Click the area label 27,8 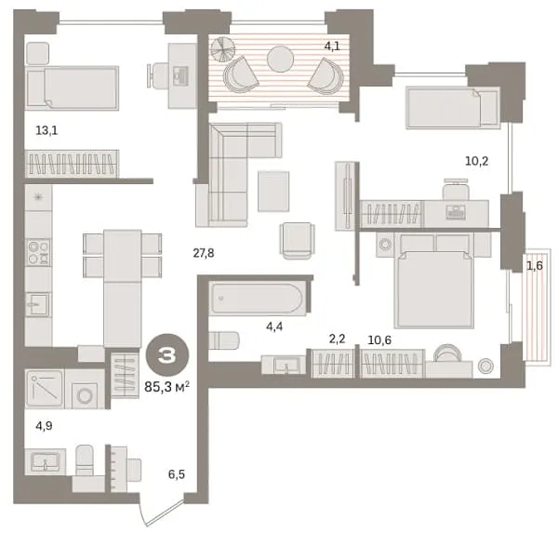click(204, 253)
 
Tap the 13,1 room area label click(46, 130)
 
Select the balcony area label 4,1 click(332, 46)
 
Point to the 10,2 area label click(477, 161)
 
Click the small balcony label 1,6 click(535, 265)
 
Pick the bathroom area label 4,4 click(274, 326)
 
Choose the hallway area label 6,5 click(177, 474)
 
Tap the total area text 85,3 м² click(166, 386)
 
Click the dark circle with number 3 click(167, 355)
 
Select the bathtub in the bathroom click(258, 298)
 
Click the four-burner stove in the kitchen click(38, 252)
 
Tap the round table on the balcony click(281, 59)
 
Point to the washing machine click(86, 389)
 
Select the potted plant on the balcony click(223, 49)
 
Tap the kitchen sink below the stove click(38, 304)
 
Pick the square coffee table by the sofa click(273, 192)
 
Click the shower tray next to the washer click(45, 389)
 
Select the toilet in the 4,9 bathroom click(85, 460)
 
